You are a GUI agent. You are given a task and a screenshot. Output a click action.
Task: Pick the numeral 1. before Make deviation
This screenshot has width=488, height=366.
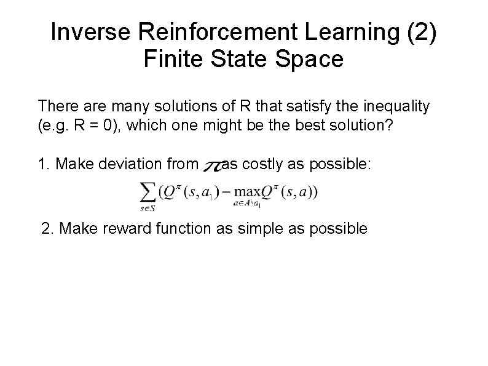click(x=44, y=164)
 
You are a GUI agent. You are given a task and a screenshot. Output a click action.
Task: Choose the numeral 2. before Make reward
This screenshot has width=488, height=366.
click(x=47, y=229)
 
